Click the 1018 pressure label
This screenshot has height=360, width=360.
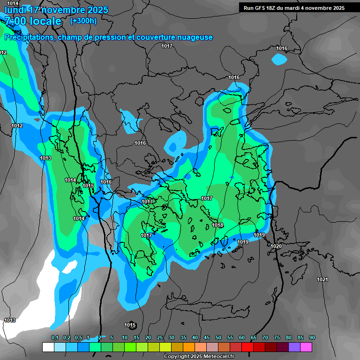217,225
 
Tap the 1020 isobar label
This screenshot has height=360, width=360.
276,246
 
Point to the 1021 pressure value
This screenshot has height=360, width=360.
322,280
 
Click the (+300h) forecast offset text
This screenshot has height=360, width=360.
83,21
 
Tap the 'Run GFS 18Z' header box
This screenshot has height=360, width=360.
294,8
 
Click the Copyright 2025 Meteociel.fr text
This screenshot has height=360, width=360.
199,357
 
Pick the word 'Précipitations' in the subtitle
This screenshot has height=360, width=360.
29,37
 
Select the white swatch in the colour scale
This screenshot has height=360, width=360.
48,347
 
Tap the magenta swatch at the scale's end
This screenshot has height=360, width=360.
306,347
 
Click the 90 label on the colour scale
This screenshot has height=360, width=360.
312,338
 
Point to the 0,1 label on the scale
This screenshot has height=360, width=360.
55,338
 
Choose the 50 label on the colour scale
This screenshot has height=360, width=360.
218,338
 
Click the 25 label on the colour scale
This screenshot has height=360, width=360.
160,338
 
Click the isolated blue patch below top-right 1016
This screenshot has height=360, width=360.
279,60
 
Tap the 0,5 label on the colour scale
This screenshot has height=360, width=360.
78,338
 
